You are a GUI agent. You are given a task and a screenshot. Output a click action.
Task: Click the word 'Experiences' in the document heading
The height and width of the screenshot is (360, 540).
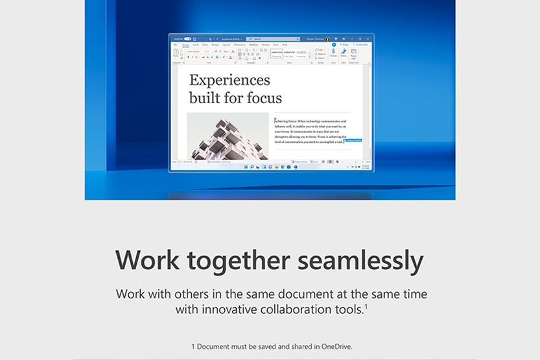pos(229,80)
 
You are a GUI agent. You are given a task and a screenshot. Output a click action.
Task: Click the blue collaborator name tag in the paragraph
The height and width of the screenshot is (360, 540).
pos(353,140)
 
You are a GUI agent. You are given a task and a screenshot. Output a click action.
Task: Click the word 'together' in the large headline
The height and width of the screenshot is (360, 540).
pos(232,261)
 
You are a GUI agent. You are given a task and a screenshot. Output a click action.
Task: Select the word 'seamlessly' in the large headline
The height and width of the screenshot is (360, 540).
pos(360,261)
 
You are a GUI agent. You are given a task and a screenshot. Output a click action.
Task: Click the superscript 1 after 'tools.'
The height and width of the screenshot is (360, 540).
pos(366,306)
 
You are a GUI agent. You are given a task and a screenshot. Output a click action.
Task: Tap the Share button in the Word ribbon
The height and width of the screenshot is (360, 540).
pos(344,45)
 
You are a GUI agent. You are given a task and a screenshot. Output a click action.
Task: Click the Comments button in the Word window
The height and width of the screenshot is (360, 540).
pos(360,45)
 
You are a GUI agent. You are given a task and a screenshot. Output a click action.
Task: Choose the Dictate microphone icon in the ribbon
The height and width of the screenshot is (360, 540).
pos(333,53)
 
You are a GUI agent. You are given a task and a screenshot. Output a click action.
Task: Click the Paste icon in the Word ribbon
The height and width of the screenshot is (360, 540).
pos(176,53)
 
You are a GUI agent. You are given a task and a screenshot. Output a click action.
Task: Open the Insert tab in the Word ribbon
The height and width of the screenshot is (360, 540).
pos(195,45)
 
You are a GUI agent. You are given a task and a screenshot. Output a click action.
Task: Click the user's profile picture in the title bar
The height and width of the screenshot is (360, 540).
pos(328,39)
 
